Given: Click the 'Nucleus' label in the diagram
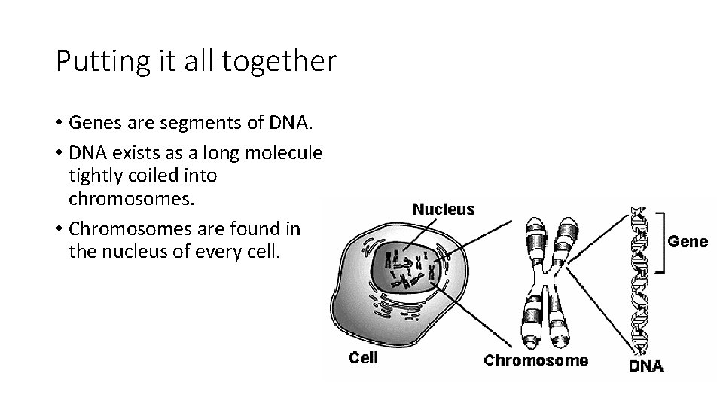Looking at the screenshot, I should click(x=444, y=209).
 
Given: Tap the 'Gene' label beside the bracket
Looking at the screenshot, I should click(x=688, y=242).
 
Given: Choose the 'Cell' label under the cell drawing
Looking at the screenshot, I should click(x=364, y=357).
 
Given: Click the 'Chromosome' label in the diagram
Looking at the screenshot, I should click(x=535, y=360).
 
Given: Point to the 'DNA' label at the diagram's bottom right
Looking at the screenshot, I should click(x=645, y=367).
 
